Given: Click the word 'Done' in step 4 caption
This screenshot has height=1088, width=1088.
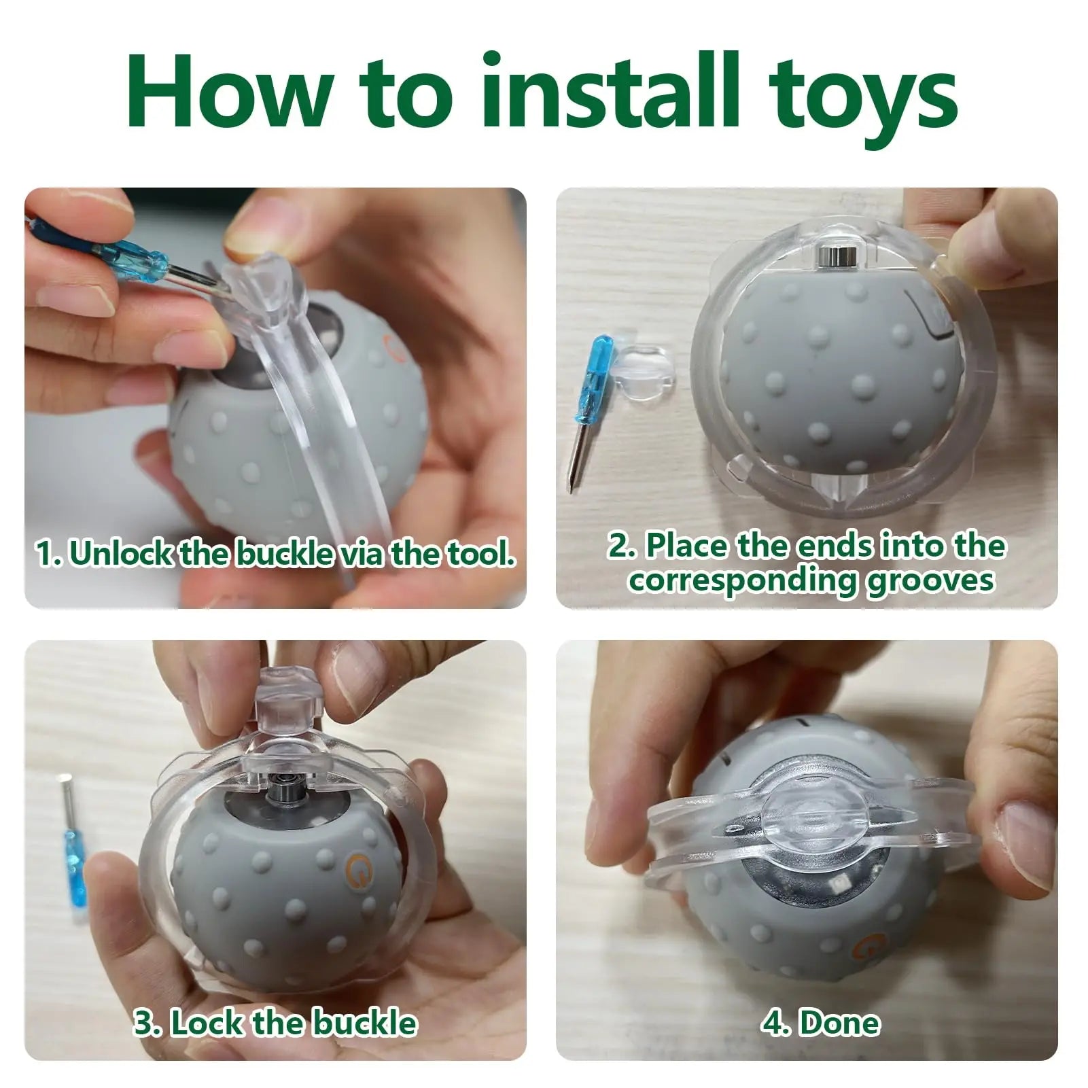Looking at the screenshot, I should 840,1023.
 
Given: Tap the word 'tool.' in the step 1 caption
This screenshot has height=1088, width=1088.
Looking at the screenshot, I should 480,553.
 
